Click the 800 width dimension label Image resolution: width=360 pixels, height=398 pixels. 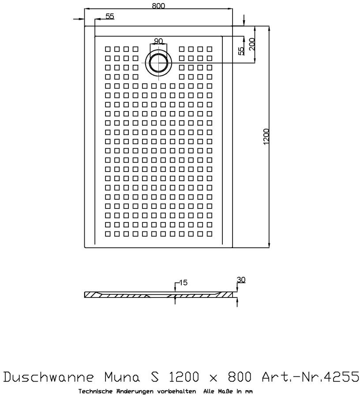158,5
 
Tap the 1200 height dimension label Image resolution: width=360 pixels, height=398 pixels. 265,138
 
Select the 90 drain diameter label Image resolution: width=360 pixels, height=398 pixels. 158,41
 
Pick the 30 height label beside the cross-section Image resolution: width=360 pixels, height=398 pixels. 241,279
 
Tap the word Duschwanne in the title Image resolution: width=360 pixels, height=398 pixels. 49,378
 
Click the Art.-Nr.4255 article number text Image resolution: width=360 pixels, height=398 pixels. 309,378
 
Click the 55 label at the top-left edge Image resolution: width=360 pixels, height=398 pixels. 109,16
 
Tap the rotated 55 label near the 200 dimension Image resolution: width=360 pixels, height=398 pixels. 241,51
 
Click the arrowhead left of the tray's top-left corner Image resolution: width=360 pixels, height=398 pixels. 81,19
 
